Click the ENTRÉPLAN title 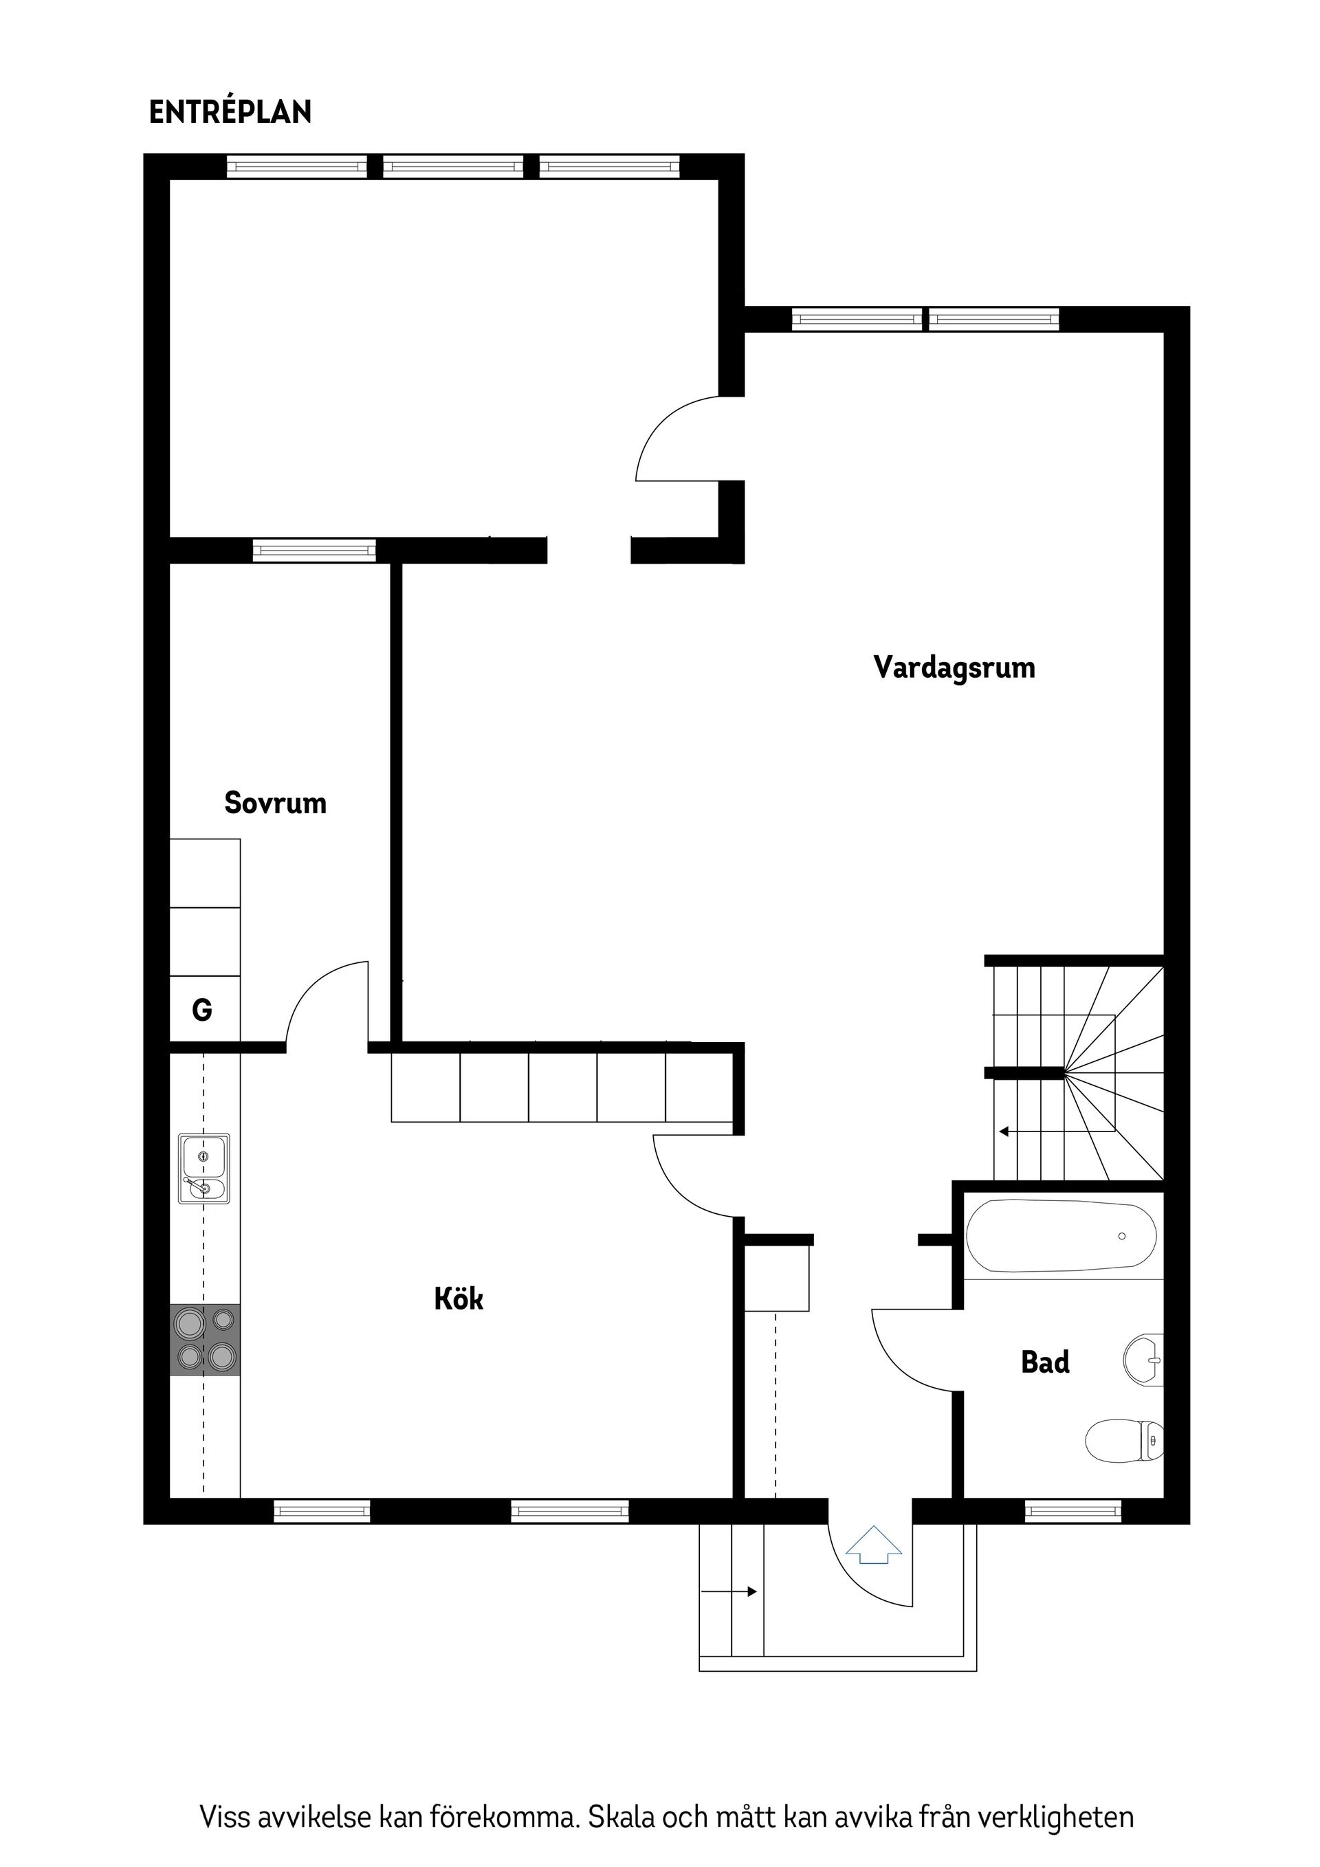click(x=230, y=112)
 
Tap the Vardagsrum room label click(x=954, y=667)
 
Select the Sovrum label click(x=276, y=803)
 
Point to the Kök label click(x=459, y=1299)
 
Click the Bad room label click(x=1045, y=1361)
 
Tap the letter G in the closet click(x=201, y=1010)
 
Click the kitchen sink click(x=204, y=1169)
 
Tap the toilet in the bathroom click(x=1125, y=1440)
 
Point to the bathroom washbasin click(x=1143, y=1359)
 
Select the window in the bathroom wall click(x=1072, y=1512)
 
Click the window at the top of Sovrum click(x=314, y=551)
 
